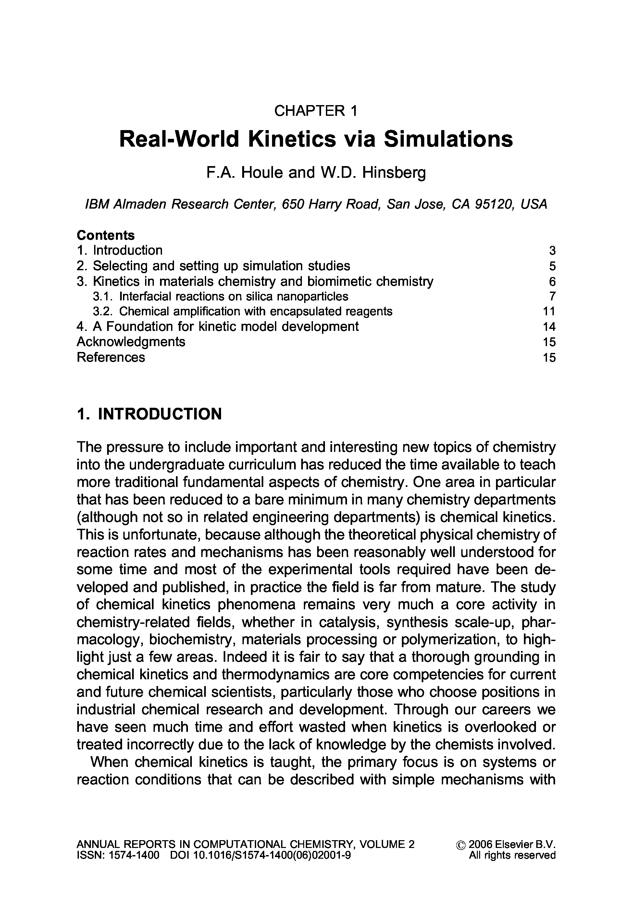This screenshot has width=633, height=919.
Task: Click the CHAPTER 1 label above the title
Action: tap(316, 111)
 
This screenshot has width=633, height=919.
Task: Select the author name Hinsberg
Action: tap(393, 172)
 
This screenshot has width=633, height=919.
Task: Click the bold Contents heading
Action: tap(106, 236)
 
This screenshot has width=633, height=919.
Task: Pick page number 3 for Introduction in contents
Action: tap(552, 251)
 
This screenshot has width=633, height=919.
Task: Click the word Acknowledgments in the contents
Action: tap(131, 342)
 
